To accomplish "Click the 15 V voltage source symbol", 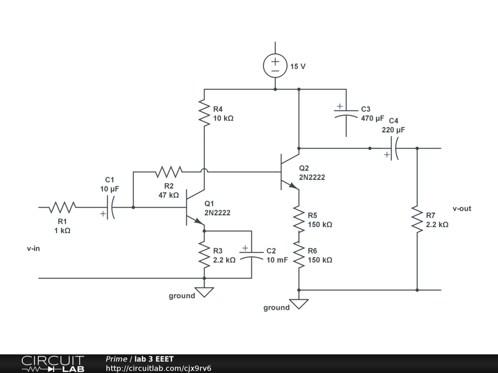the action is click(275, 66).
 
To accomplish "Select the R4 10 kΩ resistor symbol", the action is click(204, 113).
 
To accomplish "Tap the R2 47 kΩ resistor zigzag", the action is click(169, 172).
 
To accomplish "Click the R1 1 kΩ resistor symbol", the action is click(62, 207).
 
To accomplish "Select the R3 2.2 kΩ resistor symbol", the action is click(204, 254).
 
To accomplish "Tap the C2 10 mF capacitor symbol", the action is click(251, 254).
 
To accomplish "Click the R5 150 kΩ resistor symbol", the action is click(299, 219).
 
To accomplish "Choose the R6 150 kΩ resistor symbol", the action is click(299, 254).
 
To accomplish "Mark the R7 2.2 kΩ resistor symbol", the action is click(417, 219).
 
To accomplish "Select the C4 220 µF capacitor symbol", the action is click(393, 148).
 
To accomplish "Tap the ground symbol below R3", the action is click(204, 292).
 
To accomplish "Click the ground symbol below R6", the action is click(299, 304).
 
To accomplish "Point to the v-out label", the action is click(462, 209).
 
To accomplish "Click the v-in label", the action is click(34, 248).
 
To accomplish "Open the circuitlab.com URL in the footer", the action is click(159, 368).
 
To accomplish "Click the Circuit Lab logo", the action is click(53, 363).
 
